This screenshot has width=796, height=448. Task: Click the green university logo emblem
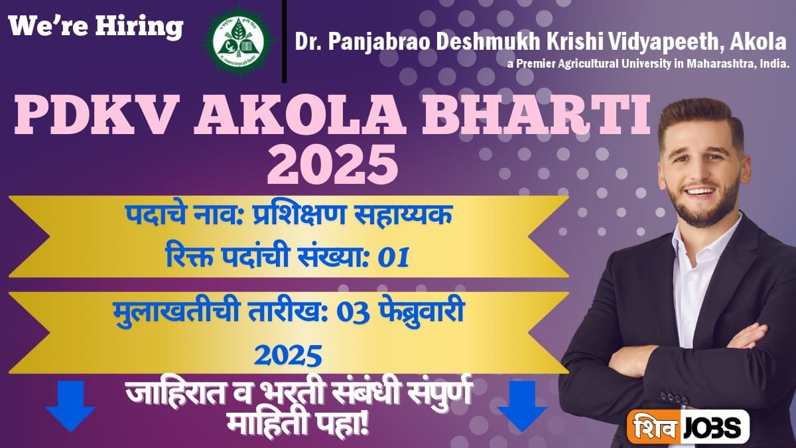[238, 42]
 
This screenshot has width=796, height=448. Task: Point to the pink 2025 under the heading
[332, 163]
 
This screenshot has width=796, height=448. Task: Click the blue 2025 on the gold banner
[288, 355]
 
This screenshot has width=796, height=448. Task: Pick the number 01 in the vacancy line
[393, 257]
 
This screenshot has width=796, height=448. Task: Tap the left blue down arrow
[70, 406]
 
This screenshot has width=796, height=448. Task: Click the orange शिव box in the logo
[654, 426]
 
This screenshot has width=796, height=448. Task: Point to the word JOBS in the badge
[713, 427]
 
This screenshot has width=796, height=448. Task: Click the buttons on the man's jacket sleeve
[674, 397]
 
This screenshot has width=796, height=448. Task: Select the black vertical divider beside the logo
[285, 41]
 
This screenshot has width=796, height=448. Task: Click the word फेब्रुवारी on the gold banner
[422, 313]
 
